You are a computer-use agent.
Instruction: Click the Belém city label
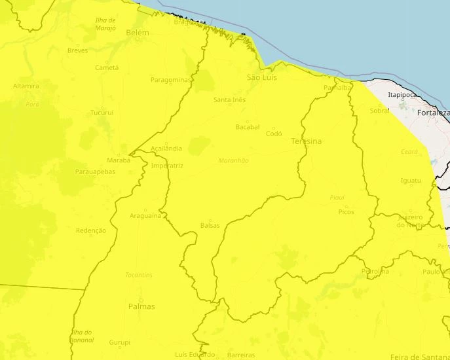138,33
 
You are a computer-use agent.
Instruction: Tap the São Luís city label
262,78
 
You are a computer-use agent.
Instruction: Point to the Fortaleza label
434,113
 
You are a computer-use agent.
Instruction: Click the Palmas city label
141,306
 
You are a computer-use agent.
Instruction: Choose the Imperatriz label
167,166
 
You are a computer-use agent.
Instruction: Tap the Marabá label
119,160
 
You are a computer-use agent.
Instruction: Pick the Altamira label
26,86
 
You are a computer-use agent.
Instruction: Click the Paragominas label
170,80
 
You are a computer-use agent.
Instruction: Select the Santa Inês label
229,99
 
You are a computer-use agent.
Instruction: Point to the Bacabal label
248,126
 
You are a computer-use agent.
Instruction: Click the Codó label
274,134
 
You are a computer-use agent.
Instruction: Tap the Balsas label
210,225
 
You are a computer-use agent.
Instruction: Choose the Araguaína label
145,215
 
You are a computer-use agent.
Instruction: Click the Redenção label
91,230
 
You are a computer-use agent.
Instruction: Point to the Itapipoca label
402,95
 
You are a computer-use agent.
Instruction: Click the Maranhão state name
233,160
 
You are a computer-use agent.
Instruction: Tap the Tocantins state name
139,275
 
